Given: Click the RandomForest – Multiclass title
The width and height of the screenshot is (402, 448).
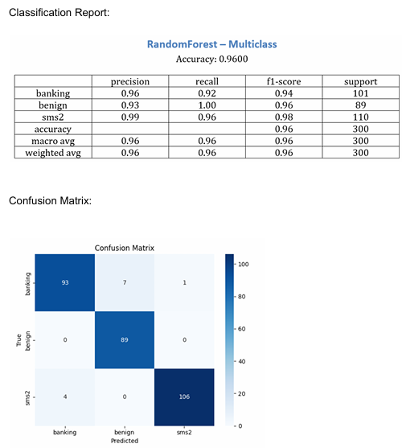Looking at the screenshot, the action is [x=211, y=44].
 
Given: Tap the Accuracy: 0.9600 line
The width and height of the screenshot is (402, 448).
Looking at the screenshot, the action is [x=211, y=60].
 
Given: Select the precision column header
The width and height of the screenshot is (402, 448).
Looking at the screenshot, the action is [x=130, y=81].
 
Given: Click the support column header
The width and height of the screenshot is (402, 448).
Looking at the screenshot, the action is [x=361, y=81].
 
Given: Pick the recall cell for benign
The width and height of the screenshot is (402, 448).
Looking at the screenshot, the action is [x=207, y=105].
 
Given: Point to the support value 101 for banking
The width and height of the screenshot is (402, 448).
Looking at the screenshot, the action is [x=361, y=93].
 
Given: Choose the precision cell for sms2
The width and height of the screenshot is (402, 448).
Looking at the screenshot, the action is [x=130, y=117].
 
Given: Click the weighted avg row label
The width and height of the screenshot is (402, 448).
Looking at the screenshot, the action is [x=53, y=153].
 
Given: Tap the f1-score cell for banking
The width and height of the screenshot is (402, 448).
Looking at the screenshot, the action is [x=284, y=93].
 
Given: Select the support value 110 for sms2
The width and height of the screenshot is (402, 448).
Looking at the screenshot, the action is [x=361, y=117].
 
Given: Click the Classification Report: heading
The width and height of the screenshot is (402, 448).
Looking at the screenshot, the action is [x=59, y=13].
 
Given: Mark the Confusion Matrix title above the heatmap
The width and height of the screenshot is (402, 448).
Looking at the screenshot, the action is [x=125, y=248].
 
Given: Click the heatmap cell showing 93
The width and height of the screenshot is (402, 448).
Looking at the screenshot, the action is [x=65, y=282].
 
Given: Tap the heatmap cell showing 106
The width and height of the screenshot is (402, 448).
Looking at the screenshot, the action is [x=184, y=397].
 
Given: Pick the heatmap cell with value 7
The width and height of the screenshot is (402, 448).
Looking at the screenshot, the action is [x=125, y=282].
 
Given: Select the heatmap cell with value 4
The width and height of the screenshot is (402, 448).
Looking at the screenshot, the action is [x=65, y=397].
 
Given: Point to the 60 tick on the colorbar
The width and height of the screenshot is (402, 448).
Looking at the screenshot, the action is [x=241, y=329].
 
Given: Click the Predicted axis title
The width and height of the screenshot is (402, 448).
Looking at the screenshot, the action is [x=125, y=441].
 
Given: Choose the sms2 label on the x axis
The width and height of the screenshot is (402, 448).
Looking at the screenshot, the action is [x=184, y=432].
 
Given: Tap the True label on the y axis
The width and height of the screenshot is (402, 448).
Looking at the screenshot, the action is [x=18, y=340].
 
